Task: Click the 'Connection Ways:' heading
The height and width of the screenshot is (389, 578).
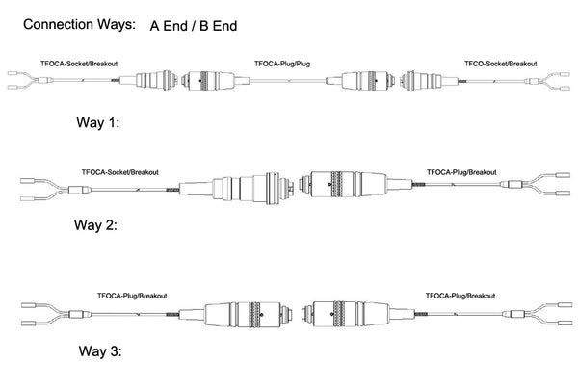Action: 79,25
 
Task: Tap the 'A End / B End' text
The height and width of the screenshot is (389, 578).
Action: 194,26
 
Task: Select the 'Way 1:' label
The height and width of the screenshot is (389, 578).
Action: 98,122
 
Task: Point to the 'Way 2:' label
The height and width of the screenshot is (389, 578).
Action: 95,224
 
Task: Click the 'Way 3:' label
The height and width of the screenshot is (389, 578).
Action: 100,350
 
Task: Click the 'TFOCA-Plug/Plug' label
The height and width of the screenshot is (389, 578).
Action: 282,64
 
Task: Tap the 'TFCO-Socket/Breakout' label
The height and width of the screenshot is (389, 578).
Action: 501,64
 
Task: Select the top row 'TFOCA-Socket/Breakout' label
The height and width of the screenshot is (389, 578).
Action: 79,64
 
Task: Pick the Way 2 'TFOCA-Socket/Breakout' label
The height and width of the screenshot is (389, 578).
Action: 119,172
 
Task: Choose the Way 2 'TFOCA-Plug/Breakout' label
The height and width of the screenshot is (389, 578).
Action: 461,172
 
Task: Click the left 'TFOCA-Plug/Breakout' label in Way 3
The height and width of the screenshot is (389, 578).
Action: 132,296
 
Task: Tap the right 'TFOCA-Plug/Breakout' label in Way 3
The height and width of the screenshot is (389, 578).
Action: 460,296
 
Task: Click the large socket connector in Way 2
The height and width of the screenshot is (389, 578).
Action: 236,188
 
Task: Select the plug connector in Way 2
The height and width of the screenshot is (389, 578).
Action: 355,184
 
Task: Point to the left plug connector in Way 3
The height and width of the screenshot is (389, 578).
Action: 236,315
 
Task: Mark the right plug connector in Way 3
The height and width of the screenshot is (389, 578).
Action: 358,314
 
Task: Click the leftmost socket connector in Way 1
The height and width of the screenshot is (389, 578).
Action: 148,80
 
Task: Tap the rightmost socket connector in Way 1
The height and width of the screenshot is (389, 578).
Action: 430,80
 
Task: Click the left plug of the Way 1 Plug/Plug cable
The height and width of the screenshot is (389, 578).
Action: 216,80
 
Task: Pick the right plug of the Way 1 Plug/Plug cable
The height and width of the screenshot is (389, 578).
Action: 361,80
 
